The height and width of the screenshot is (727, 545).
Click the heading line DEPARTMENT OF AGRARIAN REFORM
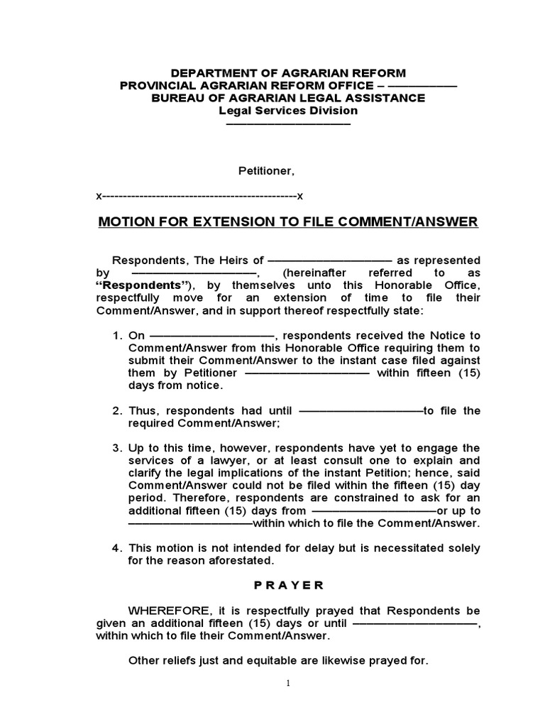point(287,73)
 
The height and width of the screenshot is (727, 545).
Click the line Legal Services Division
point(287,111)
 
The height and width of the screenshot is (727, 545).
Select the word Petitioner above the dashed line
point(265,171)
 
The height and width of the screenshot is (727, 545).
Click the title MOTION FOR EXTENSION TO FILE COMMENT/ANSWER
point(287,222)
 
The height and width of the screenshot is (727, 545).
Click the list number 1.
point(117,335)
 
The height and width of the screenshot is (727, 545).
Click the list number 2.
point(117,410)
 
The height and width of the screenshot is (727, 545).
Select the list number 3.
point(117,448)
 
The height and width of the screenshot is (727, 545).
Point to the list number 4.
point(117,548)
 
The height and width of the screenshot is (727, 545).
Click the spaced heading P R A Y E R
point(287,585)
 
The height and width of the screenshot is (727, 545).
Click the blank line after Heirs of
point(331,261)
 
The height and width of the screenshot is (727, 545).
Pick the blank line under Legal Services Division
point(287,124)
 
